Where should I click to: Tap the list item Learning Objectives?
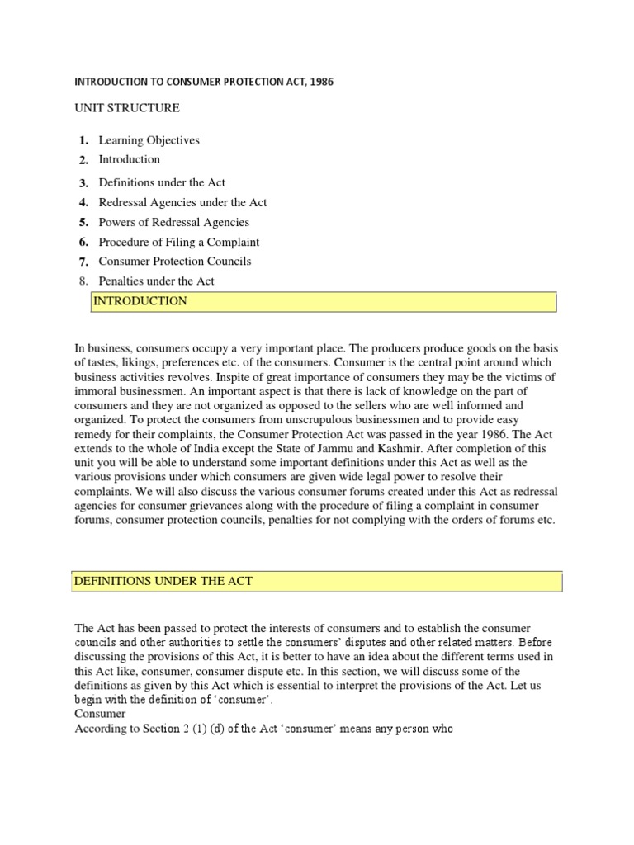pos(149,140)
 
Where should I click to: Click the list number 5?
pos(83,222)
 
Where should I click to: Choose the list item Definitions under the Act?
pos(162,182)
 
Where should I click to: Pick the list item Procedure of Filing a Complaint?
pos(179,242)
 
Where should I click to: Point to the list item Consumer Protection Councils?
pos(175,261)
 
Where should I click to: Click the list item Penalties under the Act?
pos(156,281)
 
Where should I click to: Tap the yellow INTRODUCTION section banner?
pos(323,302)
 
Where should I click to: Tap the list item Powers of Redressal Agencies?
pos(173,222)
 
